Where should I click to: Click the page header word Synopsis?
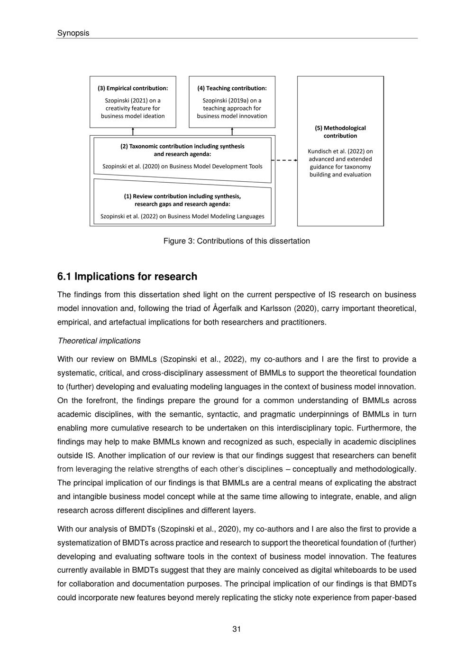(73, 33)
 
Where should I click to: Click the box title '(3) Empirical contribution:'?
(133, 88)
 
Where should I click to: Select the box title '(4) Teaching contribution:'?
(232, 88)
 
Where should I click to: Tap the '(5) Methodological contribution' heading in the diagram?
(340, 131)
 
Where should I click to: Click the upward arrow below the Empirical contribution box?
(133, 131)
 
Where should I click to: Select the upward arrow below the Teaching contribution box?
(232, 131)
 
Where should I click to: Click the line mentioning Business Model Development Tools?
(182, 167)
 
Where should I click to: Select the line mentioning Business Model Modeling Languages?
(182, 216)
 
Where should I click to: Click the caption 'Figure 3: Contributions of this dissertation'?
(237, 241)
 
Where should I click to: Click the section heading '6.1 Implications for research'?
(127, 277)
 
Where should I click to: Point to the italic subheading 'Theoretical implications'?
(99, 341)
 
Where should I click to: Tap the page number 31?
(237, 629)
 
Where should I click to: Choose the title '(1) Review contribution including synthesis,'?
(182, 196)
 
